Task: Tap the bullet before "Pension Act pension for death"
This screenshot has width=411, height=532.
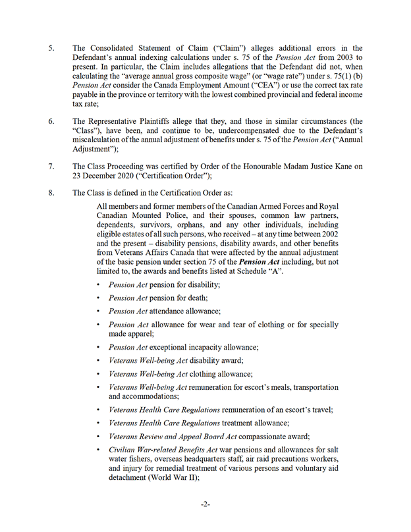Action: click(x=99, y=298)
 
